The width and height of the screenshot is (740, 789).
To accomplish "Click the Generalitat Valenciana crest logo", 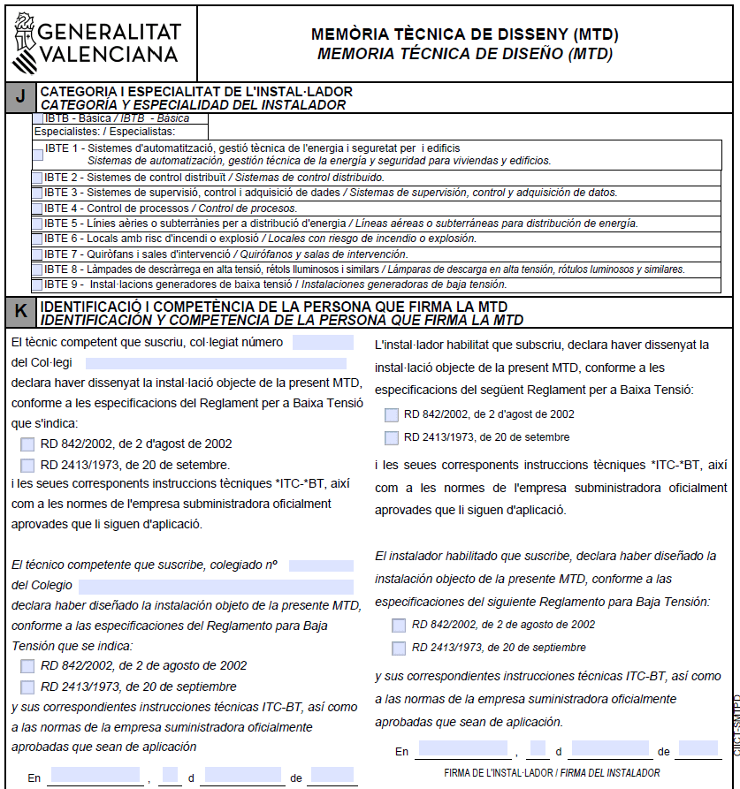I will point(23,42).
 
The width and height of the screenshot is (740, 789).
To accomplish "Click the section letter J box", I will point(20,97).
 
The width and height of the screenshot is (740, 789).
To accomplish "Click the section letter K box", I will point(20,311).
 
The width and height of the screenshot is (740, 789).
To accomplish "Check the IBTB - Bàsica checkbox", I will point(38,118).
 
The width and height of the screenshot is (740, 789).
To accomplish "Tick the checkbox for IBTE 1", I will point(38,155).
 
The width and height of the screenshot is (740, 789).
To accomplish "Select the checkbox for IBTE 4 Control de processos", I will point(37,209).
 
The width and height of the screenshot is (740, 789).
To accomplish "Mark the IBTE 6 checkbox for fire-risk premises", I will point(37,239).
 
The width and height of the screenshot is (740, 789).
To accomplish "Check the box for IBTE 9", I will point(37,284).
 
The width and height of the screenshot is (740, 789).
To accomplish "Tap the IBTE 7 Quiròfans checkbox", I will point(37,254).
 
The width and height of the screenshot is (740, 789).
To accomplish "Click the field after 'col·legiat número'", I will point(323,343).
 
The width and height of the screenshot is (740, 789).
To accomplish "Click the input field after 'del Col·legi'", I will point(216,363).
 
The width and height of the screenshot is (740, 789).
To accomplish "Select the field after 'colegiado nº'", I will point(321,565).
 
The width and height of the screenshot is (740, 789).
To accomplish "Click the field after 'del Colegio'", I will point(216,586).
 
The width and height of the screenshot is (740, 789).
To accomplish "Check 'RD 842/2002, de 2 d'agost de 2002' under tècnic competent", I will point(27,444).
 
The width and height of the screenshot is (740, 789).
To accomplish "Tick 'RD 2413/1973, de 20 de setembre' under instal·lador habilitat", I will point(392,437).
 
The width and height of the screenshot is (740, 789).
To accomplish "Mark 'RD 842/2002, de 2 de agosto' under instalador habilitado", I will point(399,625).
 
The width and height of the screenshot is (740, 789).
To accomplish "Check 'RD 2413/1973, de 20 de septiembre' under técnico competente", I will point(27,687).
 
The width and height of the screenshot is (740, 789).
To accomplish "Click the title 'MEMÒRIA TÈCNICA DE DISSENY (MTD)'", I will point(464,35).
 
